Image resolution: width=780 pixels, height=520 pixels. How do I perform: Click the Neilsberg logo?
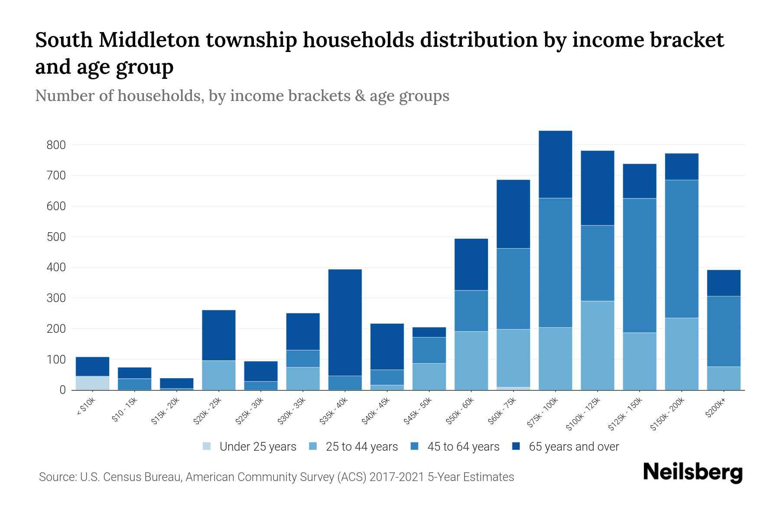click(692, 472)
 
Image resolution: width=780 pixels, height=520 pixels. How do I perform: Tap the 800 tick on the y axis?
click(56, 145)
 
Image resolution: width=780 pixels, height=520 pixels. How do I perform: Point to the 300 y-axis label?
click(56, 298)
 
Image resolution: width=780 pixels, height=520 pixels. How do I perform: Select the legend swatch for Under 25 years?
click(207, 446)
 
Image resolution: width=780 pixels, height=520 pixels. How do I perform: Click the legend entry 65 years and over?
click(574, 446)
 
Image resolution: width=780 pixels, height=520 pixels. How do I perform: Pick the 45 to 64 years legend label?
click(463, 446)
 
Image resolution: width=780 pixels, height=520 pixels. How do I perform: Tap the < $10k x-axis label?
click(86, 407)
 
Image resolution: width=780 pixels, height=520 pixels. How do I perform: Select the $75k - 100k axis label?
click(543, 414)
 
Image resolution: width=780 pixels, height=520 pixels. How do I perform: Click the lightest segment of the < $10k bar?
click(92, 383)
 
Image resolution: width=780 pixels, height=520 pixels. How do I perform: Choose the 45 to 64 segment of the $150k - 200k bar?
click(682, 249)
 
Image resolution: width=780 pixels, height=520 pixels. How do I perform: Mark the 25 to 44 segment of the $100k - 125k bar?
click(598, 345)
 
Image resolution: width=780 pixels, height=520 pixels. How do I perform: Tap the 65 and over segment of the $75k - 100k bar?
click(556, 164)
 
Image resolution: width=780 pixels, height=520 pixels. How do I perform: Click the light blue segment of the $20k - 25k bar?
click(219, 375)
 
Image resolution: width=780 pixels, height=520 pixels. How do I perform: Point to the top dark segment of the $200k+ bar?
click(724, 283)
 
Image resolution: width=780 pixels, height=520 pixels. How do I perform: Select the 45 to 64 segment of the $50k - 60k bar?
click(471, 311)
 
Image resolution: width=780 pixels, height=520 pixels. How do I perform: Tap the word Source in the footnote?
click(57, 477)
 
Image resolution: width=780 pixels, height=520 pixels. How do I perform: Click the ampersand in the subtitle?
click(358, 96)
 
